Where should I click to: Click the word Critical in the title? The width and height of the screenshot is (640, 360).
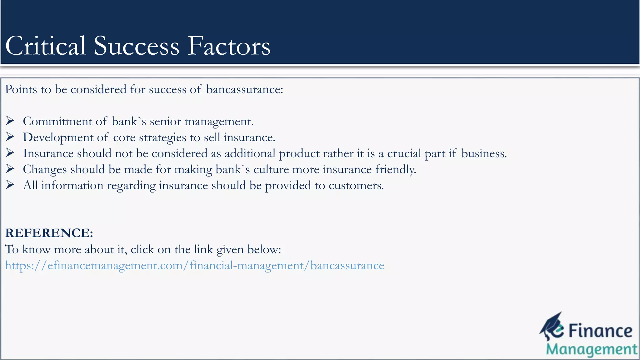[x=46, y=46]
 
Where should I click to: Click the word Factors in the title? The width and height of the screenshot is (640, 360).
[x=229, y=46]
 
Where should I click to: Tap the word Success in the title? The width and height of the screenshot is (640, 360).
[x=136, y=46]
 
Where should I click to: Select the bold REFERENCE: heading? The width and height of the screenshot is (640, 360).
[x=49, y=233]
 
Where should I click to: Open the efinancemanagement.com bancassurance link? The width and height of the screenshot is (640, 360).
[x=194, y=265]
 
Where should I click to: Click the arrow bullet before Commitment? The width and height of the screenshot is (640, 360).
[x=10, y=121]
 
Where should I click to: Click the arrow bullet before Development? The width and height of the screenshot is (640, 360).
[x=10, y=137]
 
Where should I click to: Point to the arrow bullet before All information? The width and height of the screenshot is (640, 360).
[x=10, y=185]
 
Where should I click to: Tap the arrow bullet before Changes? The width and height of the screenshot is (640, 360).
[x=10, y=169]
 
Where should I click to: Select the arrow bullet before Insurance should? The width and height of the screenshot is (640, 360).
[x=10, y=153]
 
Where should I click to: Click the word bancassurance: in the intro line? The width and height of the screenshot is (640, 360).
[x=244, y=89]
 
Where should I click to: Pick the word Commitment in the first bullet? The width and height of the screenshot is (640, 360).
[x=57, y=121]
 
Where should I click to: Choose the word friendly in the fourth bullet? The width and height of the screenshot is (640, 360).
[x=396, y=169]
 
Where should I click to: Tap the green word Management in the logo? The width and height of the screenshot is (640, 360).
[x=592, y=349]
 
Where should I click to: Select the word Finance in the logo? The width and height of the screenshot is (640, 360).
[x=600, y=331]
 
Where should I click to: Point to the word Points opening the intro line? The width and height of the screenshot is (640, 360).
[x=21, y=89]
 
